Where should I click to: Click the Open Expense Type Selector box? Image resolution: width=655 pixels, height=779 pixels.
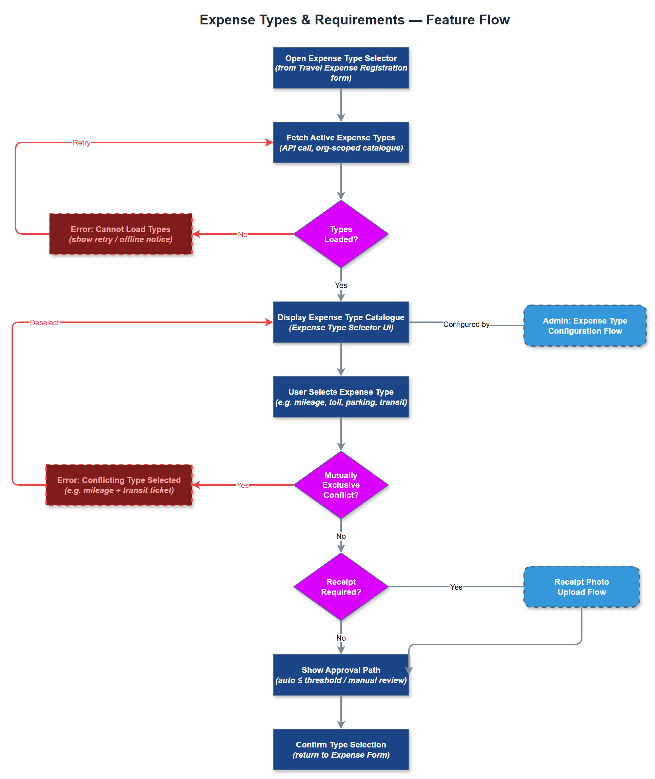tap(340, 67)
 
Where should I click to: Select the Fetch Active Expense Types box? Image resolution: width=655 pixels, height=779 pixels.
tap(340, 142)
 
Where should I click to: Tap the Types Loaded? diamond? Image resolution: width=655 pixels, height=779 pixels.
tap(340, 234)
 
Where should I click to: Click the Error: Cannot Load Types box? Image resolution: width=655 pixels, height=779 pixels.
tap(120, 234)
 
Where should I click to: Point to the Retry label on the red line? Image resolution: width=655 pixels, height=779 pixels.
tap(81, 143)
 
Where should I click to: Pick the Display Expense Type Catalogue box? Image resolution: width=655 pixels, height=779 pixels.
tap(340, 322)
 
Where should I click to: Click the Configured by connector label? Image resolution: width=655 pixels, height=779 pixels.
tap(466, 324)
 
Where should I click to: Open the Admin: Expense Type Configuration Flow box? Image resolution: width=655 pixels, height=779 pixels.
tap(584, 326)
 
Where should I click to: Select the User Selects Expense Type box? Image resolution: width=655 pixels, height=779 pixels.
tap(340, 397)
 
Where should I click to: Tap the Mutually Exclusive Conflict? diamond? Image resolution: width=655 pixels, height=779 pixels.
tap(340, 485)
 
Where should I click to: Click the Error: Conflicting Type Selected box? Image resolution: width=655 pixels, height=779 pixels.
tap(119, 485)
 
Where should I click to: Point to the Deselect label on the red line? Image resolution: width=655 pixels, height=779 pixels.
tap(44, 323)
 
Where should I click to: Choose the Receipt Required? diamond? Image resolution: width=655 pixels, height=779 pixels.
tap(340, 587)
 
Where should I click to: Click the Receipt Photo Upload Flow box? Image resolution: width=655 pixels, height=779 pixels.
tap(581, 587)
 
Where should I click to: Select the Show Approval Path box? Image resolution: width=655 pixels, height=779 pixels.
tap(340, 675)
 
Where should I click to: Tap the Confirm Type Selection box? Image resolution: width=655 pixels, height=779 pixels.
tap(340, 749)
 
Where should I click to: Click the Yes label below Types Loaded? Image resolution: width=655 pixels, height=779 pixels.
tap(340, 285)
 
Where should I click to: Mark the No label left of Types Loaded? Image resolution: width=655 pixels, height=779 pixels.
tap(242, 234)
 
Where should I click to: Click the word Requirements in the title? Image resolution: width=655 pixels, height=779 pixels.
tap(359, 20)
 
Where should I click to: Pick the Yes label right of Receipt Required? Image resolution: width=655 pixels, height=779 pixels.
tap(456, 587)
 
